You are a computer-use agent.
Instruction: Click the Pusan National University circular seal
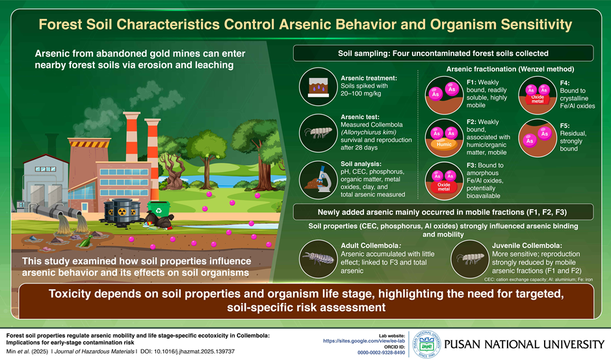(426, 344)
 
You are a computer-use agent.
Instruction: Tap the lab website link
(364, 341)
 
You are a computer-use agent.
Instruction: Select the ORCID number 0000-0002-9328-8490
(381, 353)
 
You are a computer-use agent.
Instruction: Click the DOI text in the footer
(187, 352)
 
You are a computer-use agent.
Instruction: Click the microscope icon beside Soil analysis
(318, 180)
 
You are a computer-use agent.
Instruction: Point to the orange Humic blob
(444, 144)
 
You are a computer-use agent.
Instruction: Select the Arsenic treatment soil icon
(318, 86)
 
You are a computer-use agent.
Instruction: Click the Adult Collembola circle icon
(318, 259)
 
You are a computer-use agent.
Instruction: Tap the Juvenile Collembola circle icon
(469, 259)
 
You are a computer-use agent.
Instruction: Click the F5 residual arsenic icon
(538, 138)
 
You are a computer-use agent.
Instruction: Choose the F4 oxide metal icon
(538, 95)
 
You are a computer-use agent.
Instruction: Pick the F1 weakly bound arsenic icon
(444, 95)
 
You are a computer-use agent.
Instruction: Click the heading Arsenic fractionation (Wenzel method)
(510, 69)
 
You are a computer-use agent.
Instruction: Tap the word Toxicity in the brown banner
(70, 294)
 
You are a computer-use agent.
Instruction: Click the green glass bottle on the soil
(87, 241)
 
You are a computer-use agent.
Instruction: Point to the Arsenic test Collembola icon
(318, 133)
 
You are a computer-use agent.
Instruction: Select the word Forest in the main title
(60, 25)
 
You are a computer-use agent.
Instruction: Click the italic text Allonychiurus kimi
(369, 133)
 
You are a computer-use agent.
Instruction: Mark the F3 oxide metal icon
(444, 181)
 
